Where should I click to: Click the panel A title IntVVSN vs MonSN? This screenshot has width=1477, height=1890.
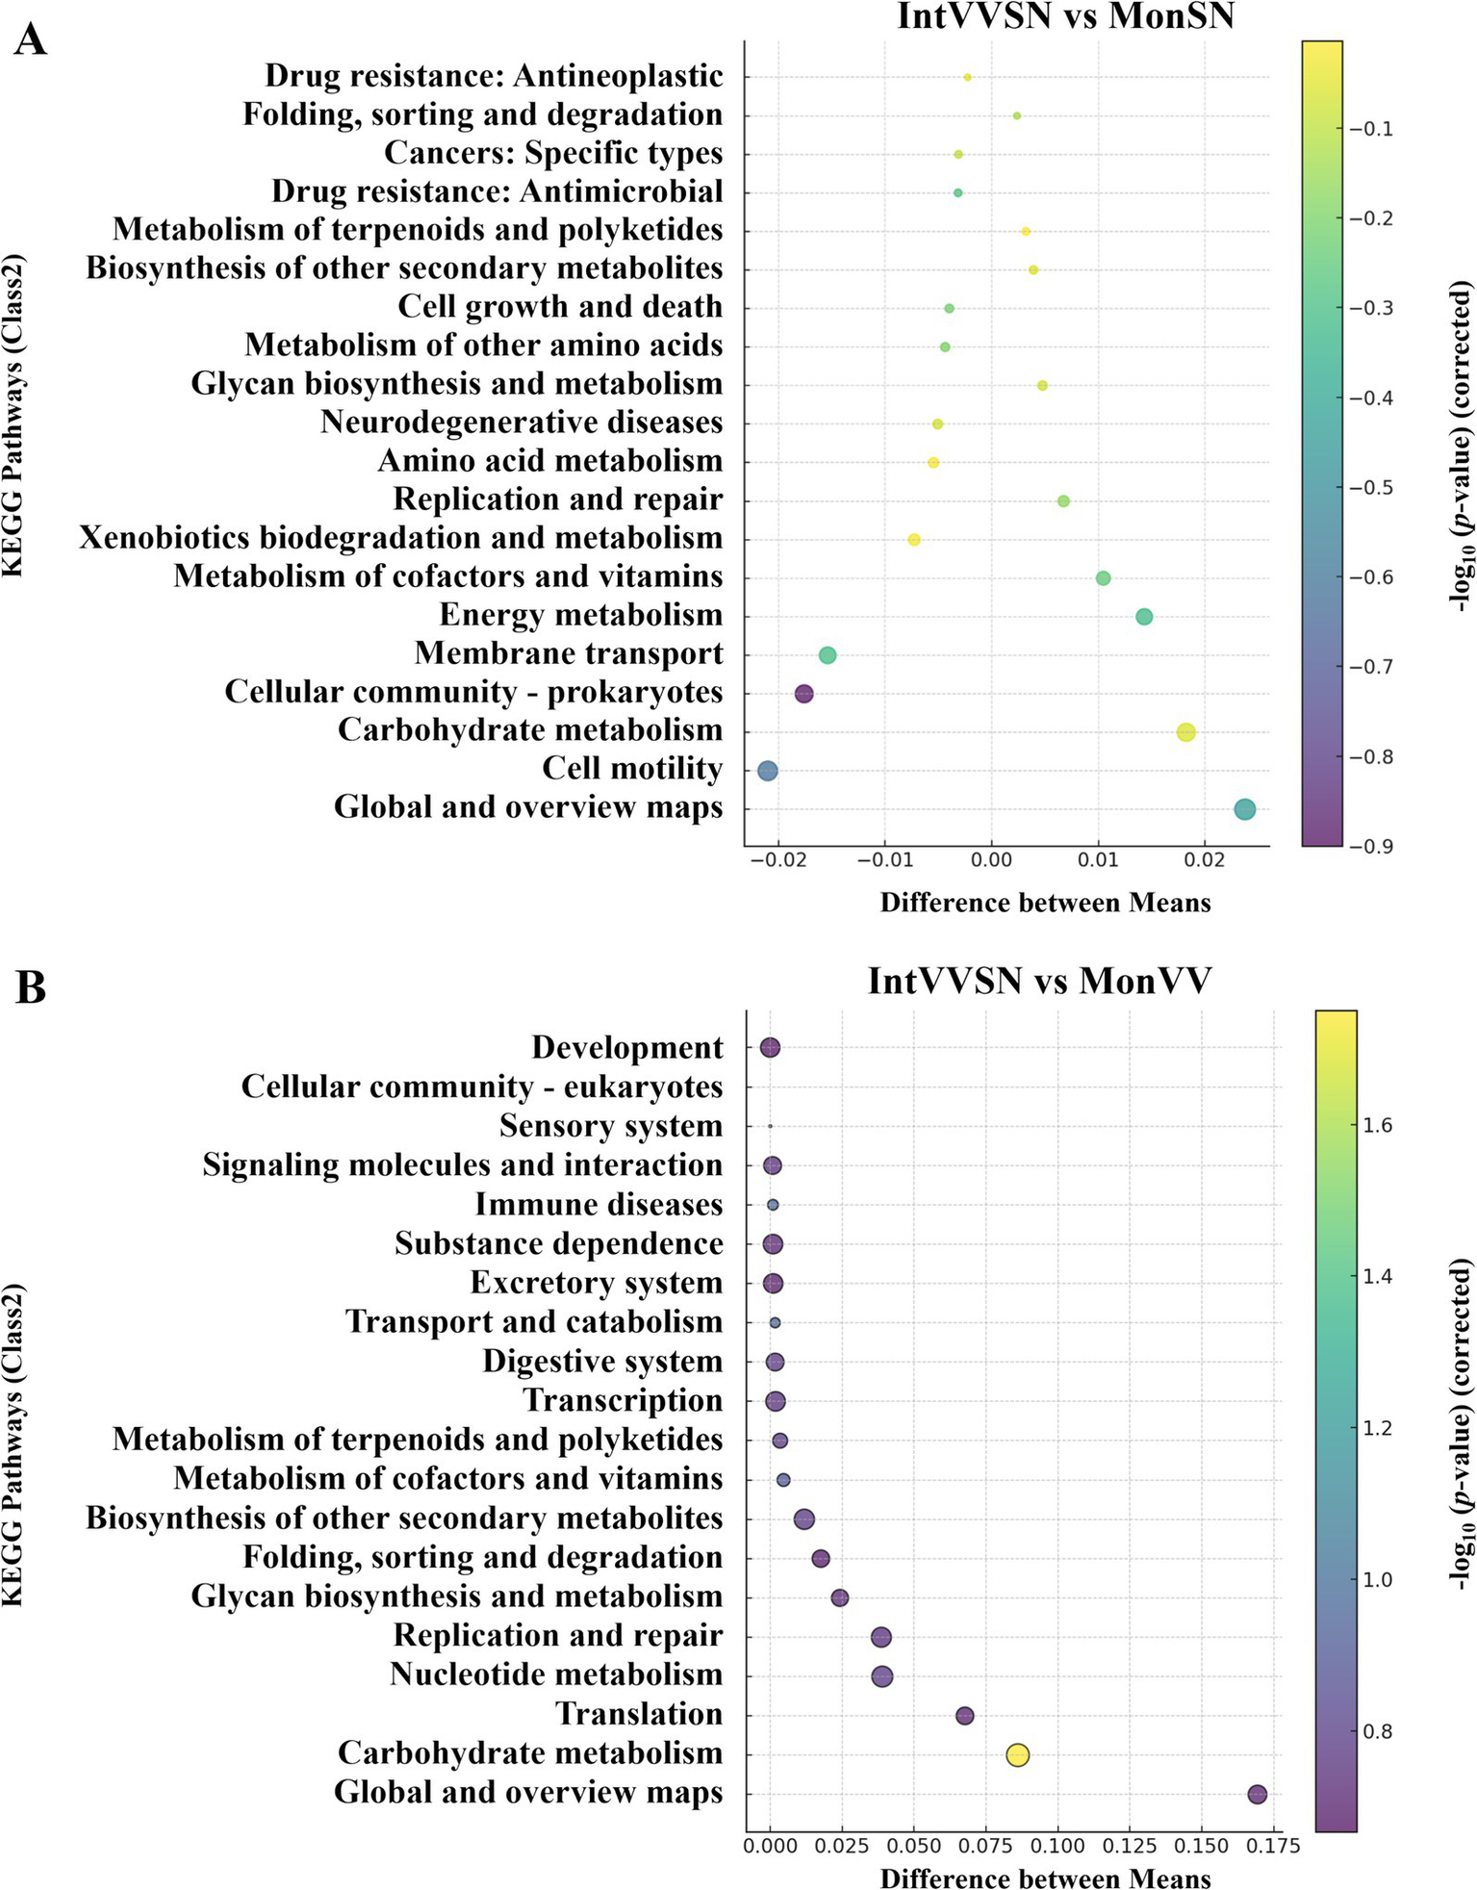tap(1064, 16)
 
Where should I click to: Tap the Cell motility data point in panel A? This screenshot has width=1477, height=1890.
tap(767, 770)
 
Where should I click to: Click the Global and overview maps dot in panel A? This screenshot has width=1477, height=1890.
tap(1244, 809)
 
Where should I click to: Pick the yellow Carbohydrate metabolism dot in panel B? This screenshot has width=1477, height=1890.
tap(1017, 1754)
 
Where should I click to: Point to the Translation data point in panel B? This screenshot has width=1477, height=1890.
tap(964, 1715)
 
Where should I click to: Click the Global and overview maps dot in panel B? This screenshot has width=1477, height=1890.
tap(1257, 1794)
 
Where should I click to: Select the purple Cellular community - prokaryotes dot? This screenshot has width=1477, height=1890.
tap(804, 693)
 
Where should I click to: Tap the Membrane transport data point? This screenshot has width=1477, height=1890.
tap(827, 655)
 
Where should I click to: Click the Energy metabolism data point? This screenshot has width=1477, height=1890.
tap(1143, 617)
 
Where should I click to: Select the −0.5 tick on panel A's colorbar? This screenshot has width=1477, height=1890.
tap(1377, 488)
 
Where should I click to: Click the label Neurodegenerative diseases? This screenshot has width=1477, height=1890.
tap(522, 422)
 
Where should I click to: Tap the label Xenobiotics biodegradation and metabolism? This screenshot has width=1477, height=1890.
tap(400, 537)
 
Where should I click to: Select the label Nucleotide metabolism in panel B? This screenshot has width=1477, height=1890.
tap(556, 1674)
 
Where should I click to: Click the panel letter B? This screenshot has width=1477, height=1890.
tap(31, 988)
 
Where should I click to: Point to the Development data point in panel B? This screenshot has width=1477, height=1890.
tap(770, 1048)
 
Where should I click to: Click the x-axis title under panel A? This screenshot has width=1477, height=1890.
tap(1045, 903)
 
